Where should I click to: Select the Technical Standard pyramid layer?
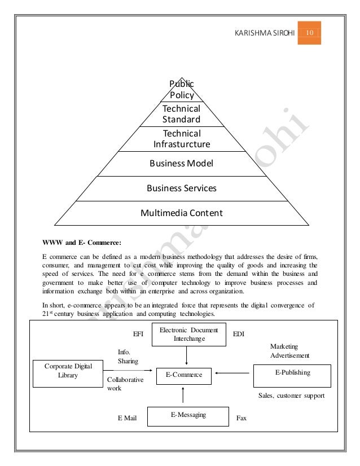(x=181, y=114)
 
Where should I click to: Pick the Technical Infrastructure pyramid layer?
(x=181, y=139)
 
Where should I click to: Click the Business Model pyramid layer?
(x=181, y=164)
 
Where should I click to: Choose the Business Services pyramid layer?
(x=181, y=188)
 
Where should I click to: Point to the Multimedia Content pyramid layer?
(x=181, y=213)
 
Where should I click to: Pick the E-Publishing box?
(x=288, y=373)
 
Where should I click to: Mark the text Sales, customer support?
(x=291, y=396)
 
